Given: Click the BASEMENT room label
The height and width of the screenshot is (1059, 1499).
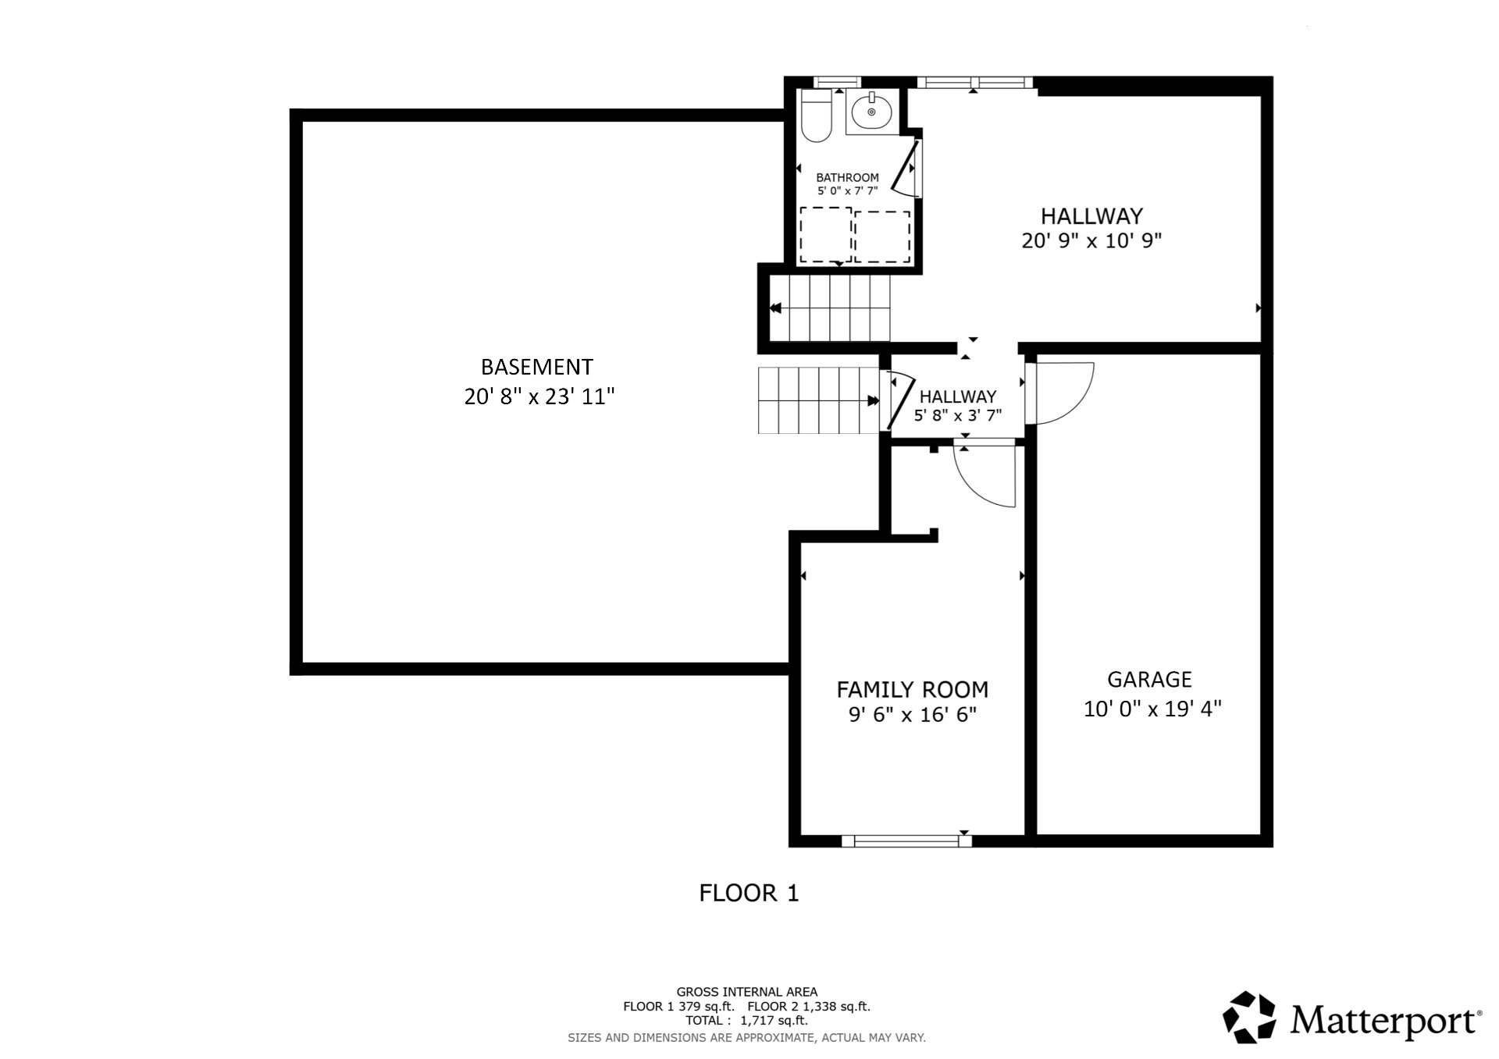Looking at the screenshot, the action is tap(536, 367).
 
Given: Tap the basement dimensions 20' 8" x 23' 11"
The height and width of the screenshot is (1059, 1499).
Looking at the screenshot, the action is tap(539, 397).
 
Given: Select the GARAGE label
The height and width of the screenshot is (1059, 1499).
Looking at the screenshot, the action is tap(1149, 680).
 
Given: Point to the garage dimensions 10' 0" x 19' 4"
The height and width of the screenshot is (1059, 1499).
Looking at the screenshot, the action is tap(1152, 709).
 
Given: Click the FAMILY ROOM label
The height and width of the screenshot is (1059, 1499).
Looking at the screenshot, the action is tap(912, 690).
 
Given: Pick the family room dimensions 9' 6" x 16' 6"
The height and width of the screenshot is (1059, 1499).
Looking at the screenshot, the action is tap(913, 715).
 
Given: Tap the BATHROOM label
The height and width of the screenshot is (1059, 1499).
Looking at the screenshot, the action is tap(847, 178).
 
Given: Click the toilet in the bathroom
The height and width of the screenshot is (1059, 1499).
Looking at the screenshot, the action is tap(817, 115).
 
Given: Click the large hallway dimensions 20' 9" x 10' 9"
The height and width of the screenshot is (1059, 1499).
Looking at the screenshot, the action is tap(1091, 241).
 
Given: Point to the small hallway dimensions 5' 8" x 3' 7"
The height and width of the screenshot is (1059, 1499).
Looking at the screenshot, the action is tap(957, 416).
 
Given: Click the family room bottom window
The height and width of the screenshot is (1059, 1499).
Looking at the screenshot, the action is tap(906, 840).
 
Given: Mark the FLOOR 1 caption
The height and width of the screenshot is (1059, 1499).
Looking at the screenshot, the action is tap(749, 894).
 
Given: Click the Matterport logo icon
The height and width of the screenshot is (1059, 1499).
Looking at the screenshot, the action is tap(1250, 1018).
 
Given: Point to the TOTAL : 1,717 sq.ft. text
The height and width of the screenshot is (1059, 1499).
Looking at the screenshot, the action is tap(746, 1021).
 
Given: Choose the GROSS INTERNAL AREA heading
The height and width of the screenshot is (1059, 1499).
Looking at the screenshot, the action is tap(746, 993).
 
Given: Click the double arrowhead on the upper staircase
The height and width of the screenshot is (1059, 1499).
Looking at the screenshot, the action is tap(775, 309).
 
